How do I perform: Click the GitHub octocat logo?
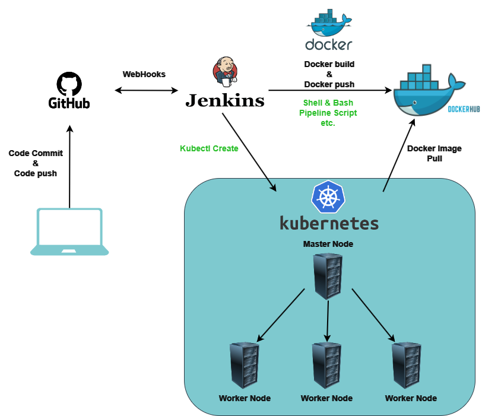69,84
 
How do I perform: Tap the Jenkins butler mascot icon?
224,71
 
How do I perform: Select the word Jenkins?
225,100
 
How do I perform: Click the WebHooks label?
144,74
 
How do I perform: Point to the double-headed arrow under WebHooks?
146,91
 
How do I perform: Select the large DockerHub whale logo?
431,90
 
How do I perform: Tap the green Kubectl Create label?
209,148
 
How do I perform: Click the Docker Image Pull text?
434,154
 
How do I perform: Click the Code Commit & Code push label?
36,163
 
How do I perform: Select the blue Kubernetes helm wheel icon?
328,197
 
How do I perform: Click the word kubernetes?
328,223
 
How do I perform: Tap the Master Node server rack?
328,276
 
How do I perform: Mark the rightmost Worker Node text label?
411,398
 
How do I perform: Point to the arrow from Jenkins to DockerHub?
329,91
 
